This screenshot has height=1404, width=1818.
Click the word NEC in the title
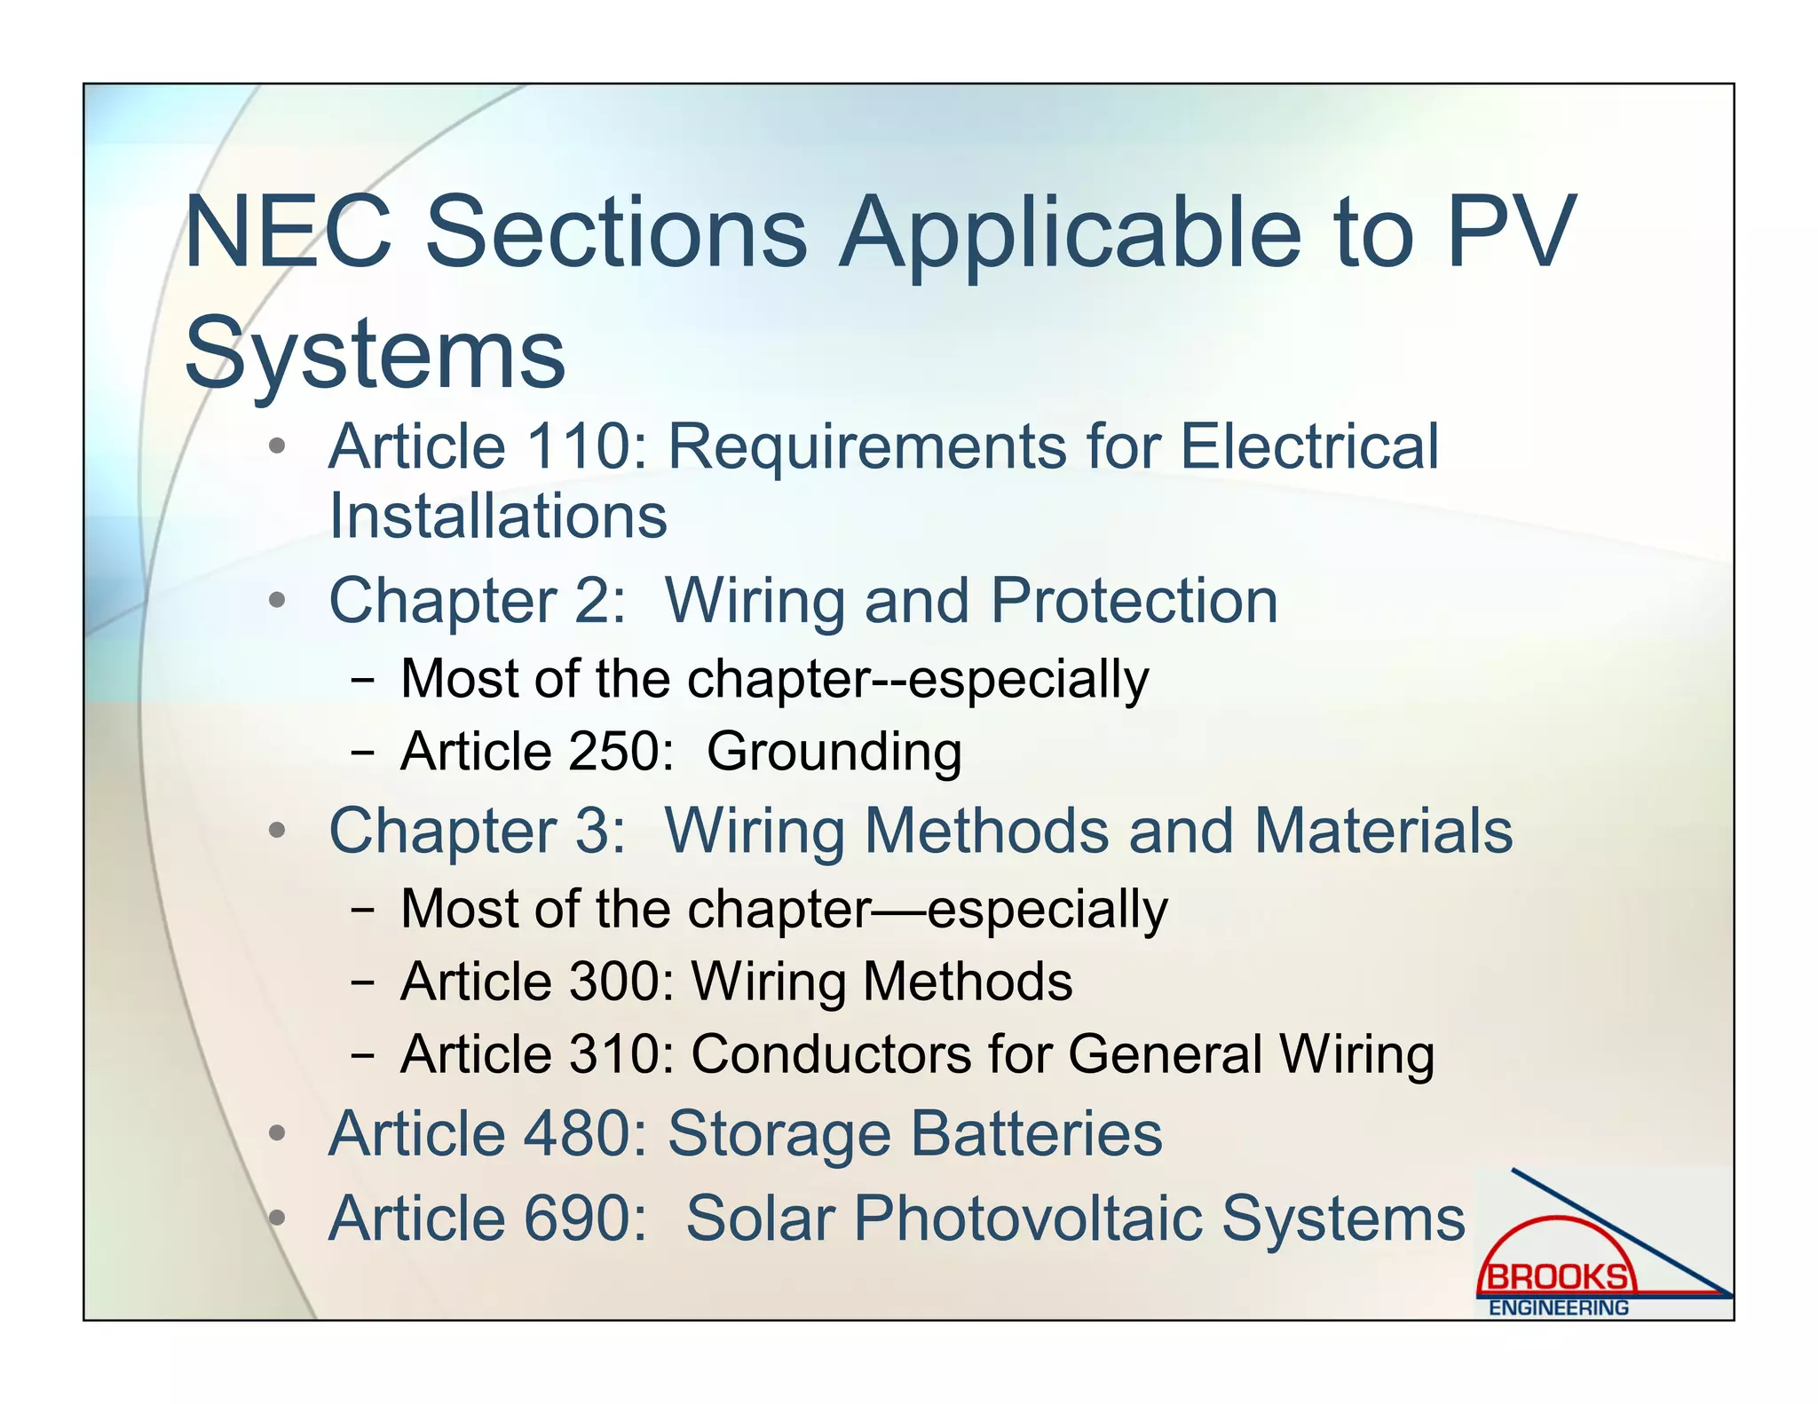[x=289, y=233]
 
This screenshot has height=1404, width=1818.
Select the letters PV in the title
[x=1512, y=233]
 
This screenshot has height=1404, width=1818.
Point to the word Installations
[x=498, y=516]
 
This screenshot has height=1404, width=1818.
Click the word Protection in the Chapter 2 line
[x=1134, y=601]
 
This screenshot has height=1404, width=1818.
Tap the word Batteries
[x=1036, y=1134]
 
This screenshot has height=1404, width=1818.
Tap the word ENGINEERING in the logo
[x=1559, y=1308]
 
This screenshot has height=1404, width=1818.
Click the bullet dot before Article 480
[x=278, y=1133]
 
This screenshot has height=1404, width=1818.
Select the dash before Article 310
[x=362, y=1055]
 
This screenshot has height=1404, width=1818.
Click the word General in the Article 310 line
[x=1164, y=1054]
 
